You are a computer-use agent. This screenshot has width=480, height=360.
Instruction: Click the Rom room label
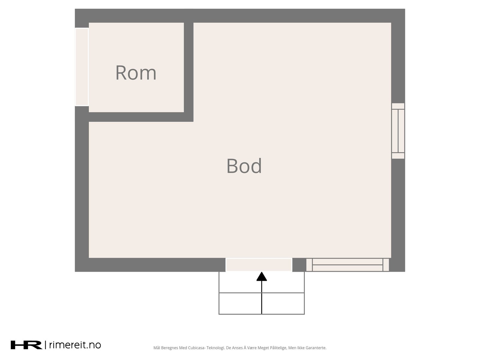tap(136, 73)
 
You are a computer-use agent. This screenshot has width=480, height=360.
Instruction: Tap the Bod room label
tap(244, 166)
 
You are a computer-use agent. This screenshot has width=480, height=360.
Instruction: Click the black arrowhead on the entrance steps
tap(262, 276)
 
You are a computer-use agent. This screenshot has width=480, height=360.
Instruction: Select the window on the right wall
tap(398, 131)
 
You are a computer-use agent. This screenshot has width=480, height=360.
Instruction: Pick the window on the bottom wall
tap(347, 265)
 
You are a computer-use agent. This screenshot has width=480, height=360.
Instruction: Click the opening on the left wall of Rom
tap(82, 67)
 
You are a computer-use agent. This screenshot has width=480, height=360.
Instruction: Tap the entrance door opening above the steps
tap(259, 265)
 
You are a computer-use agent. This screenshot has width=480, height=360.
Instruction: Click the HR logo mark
tap(26, 345)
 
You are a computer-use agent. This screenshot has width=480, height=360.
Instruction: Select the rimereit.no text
tap(75, 345)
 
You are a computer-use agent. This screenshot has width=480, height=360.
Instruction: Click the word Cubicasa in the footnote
tap(196, 348)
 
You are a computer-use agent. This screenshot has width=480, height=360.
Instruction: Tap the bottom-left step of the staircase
tap(240, 303)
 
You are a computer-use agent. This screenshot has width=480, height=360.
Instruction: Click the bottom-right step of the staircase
tap(283, 303)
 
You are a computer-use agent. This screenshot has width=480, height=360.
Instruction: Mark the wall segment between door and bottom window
tap(299, 265)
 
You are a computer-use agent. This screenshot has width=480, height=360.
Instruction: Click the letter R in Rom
tap(121, 73)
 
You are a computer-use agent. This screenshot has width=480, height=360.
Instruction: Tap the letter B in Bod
tap(232, 166)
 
